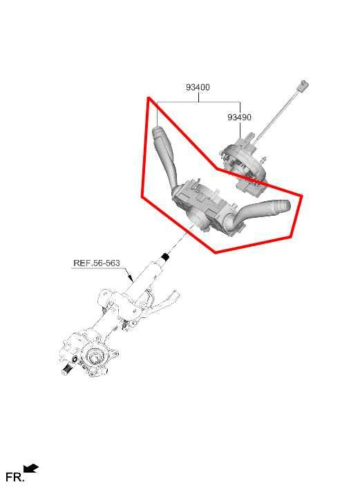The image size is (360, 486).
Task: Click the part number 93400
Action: (198, 88)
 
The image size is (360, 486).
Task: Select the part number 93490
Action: (239, 118)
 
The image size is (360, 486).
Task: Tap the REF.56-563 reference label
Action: (96, 263)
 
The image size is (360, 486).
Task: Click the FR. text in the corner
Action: (14, 476)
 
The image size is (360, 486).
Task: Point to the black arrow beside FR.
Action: (31, 469)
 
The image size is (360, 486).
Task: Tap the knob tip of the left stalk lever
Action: (158, 132)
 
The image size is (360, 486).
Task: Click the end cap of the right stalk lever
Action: (283, 206)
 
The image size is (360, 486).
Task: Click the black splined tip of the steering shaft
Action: (165, 258)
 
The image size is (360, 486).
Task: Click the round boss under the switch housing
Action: (196, 221)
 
